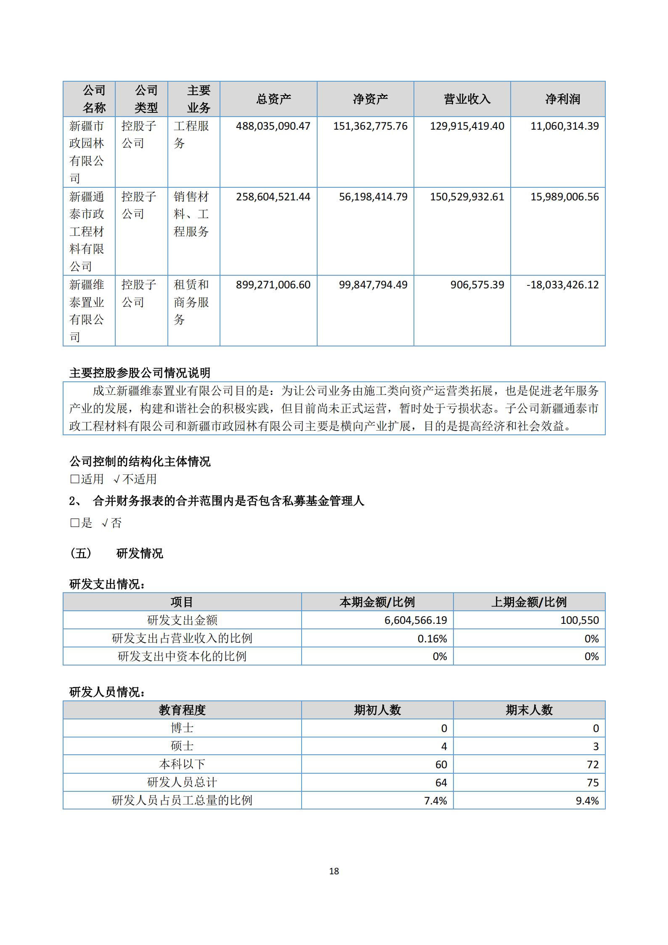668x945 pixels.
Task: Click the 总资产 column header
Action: click(x=273, y=99)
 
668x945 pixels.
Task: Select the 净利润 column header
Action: click(x=562, y=99)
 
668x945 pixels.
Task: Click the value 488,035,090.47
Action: click(x=273, y=126)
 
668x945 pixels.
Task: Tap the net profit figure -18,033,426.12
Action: click(x=562, y=285)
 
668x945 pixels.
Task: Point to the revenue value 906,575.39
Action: click(x=477, y=285)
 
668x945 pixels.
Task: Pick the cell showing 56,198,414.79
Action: click(x=373, y=197)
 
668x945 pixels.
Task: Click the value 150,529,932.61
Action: click(x=467, y=197)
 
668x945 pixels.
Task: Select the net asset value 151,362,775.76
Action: click(x=370, y=126)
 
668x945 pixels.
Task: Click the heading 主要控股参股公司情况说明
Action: click(x=140, y=373)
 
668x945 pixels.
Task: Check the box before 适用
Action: click(x=74, y=479)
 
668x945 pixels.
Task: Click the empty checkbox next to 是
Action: click(x=74, y=523)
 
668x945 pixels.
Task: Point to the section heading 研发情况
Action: click(x=140, y=553)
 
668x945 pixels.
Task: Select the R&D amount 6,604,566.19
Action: click(x=416, y=620)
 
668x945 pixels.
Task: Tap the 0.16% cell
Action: click(x=432, y=639)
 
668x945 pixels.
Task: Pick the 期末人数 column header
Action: click(x=529, y=710)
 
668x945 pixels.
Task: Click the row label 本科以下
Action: click(x=182, y=764)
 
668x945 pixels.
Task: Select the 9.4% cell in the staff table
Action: click(x=587, y=801)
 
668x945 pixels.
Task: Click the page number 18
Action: click(x=334, y=871)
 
